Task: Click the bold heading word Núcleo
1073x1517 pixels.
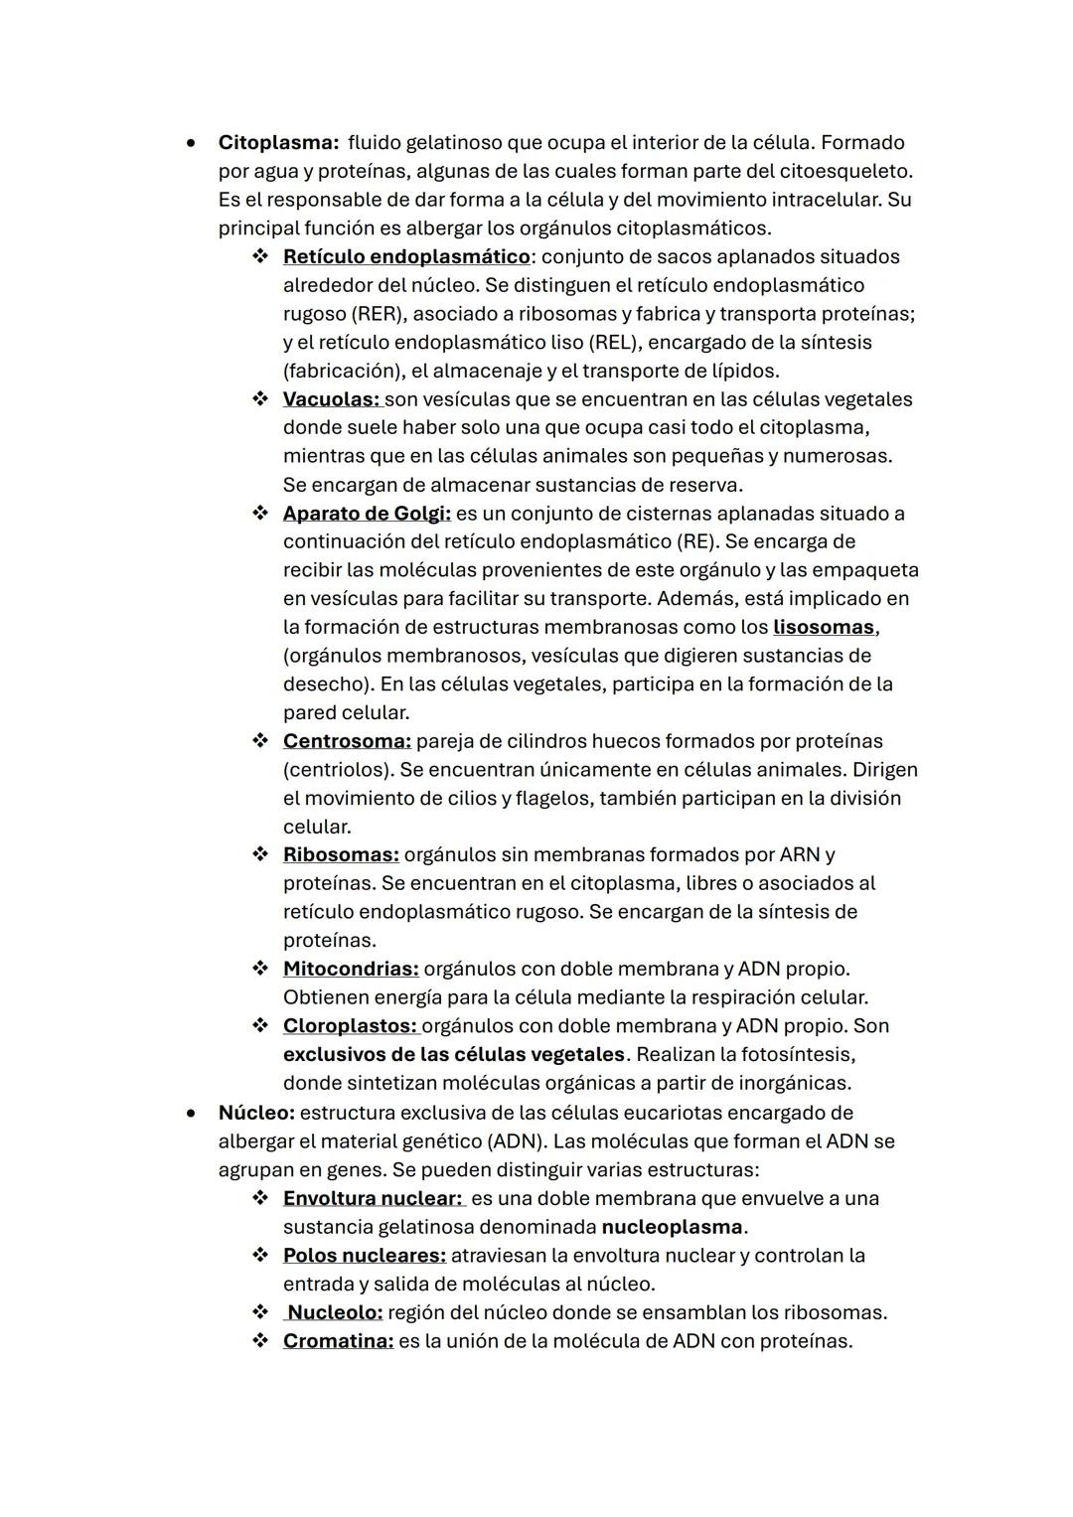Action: tap(255, 1113)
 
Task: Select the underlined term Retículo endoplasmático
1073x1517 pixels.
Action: tap(405, 257)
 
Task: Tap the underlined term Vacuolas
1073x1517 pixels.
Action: tap(331, 399)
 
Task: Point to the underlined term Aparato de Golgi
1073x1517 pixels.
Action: tap(366, 514)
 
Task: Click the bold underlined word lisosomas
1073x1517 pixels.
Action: tap(824, 628)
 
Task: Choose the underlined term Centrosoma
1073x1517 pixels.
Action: tap(346, 741)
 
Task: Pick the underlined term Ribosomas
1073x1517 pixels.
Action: tap(341, 855)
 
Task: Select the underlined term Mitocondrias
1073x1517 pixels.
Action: tap(350, 969)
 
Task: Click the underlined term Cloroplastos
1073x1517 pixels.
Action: tap(350, 1026)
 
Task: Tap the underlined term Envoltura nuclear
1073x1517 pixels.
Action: tap(373, 1199)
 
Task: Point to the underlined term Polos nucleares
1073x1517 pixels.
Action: tap(364, 1256)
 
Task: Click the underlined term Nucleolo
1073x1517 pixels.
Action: tap(335, 1313)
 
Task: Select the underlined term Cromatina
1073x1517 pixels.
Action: tap(338, 1341)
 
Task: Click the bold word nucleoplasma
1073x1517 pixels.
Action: tap(672, 1227)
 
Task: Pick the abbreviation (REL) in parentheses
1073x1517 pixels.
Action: tap(619, 343)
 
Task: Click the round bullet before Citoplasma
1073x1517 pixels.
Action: tap(191, 143)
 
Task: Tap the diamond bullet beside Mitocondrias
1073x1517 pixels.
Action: tap(260, 969)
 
